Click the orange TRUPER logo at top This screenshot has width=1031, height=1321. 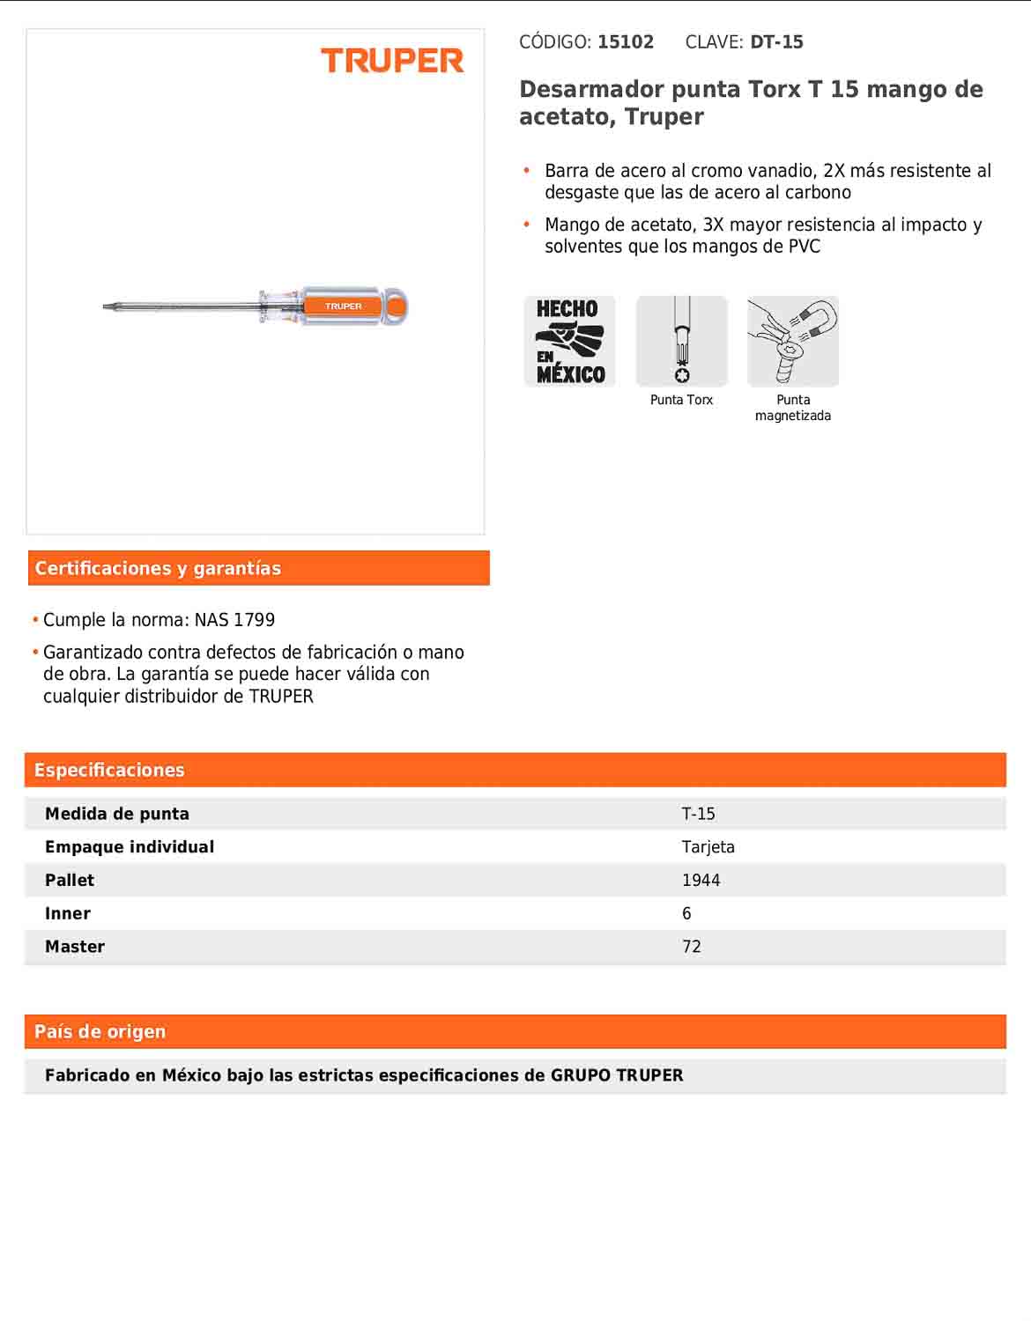pos(392,61)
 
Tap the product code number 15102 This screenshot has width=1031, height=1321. pos(625,42)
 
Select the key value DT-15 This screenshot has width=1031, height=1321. pos(776,42)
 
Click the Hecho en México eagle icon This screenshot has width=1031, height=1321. pos(569,342)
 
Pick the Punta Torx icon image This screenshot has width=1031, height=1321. pos(681,342)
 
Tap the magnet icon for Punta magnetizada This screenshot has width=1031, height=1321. pos(793,342)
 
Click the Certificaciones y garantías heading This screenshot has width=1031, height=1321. pos(158,569)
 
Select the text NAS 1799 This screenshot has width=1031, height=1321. pos(234,620)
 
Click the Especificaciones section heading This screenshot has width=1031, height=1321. pos(109,771)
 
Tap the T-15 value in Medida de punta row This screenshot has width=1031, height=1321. pos(698,814)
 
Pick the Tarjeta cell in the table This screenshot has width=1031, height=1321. pos(708,847)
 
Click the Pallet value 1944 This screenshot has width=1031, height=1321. pos(701,881)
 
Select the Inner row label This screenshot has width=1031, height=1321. pos(68,914)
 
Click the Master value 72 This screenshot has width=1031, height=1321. pos(691,947)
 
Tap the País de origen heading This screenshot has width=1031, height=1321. pos(100,1032)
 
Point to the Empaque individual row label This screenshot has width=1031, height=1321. pos(130,847)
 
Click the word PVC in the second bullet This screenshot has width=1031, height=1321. pos(804,247)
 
